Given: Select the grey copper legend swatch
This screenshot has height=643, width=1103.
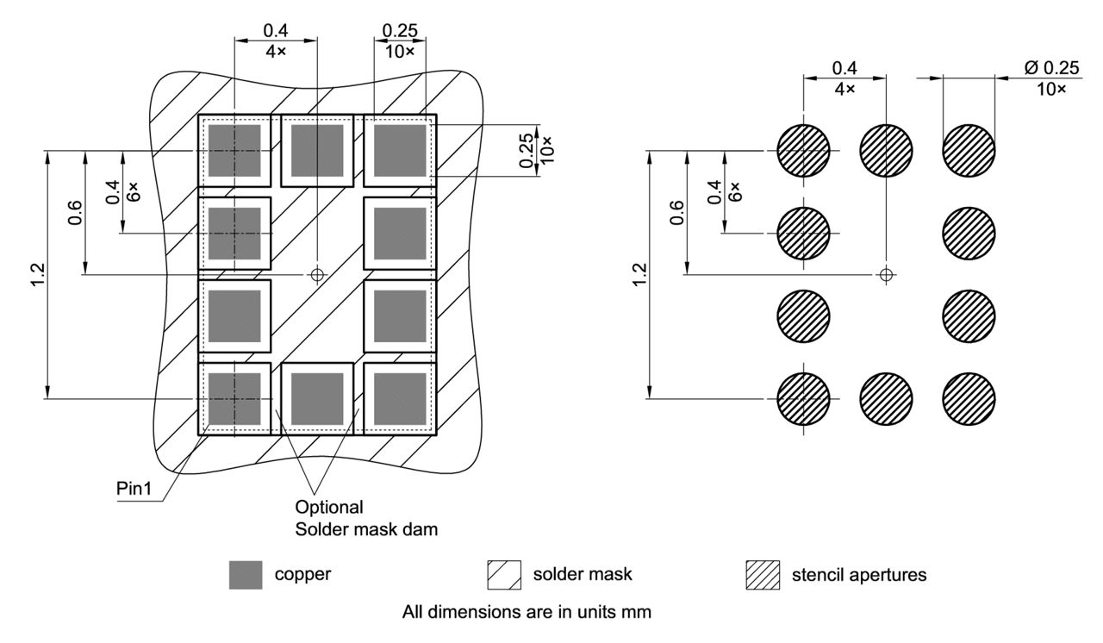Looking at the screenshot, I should pos(246,574).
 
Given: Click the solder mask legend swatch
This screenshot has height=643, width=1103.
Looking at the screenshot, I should pos(504,574).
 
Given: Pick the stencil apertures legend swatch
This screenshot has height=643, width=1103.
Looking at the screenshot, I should pos(762,574).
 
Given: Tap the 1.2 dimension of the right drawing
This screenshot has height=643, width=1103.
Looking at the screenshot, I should pos(639,275).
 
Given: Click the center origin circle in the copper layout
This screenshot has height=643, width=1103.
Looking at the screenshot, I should pos(317,275).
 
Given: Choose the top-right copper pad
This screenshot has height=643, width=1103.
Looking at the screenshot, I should pos(400,151).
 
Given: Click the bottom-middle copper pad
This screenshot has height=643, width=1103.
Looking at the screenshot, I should pos(317,399).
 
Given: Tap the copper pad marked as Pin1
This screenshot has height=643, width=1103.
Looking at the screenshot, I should pos(234,399).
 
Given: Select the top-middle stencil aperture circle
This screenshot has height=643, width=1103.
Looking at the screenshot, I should pos(886,151).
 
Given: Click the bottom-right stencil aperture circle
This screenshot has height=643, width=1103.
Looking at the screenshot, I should pos(969,399).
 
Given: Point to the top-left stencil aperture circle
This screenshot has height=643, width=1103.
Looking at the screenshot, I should pos(803,151).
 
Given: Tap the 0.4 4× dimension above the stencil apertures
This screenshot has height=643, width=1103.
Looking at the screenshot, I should pos(844,78).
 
